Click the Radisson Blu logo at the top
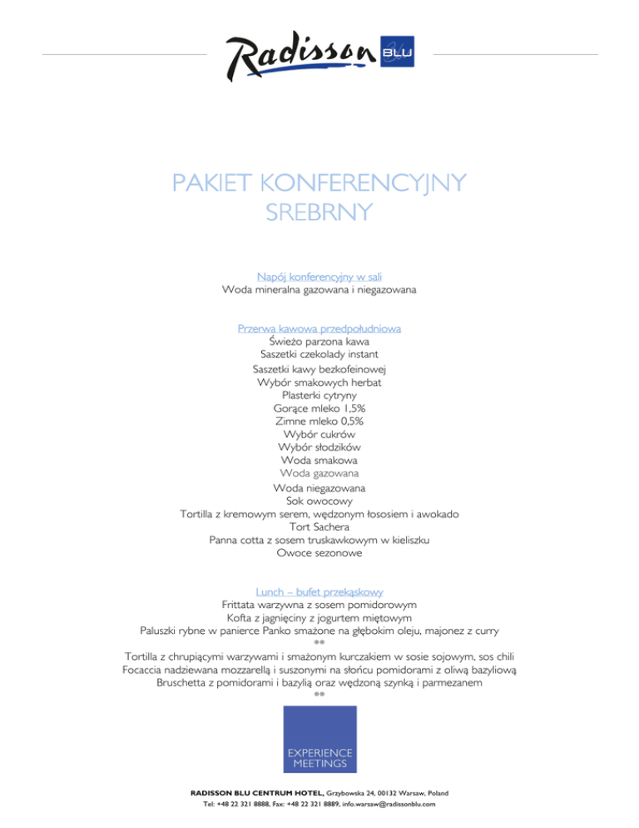[x=319, y=57]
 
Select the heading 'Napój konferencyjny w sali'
[x=319, y=276]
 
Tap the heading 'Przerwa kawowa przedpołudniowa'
[x=319, y=328]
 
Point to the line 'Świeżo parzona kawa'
[x=319, y=342]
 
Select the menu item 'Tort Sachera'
[x=319, y=527]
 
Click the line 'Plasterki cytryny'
[x=319, y=396]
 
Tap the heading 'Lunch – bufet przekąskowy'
[x=319, y=590]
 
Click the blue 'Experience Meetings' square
[x=319, y=739]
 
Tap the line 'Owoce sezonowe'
[x=319, y=553]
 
